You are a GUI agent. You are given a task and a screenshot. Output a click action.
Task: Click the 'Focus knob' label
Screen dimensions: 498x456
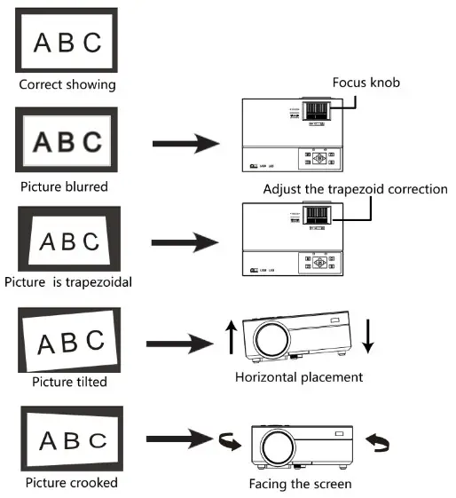366,83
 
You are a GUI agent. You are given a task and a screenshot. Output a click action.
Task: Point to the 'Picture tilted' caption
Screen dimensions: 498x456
69,382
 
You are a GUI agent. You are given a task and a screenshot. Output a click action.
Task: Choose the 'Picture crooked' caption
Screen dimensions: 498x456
71,483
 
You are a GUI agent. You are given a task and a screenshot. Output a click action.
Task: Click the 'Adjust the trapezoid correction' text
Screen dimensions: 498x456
355,189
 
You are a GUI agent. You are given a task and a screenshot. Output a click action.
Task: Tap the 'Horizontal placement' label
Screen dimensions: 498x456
299,377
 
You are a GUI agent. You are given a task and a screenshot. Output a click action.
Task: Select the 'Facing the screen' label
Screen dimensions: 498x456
301,485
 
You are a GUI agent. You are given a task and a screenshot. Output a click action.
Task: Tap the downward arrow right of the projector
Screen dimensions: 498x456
368,337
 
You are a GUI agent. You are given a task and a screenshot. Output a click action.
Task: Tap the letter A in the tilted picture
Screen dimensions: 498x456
41,342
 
